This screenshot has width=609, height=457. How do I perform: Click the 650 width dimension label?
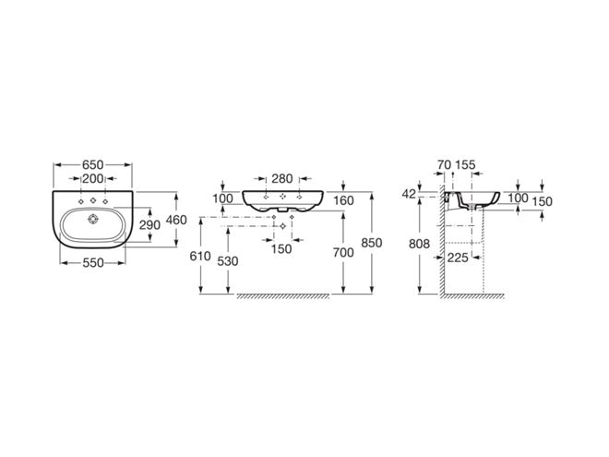point(93,164)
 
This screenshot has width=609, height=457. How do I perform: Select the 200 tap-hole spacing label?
point(93,179)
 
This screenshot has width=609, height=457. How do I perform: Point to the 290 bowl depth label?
point(149,224)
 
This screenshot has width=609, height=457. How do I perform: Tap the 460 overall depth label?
point(176,220)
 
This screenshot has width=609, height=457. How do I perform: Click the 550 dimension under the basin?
point(93,263)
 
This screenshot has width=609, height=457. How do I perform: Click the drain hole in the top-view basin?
point(93,220)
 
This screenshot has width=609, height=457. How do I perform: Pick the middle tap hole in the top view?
point(93,200)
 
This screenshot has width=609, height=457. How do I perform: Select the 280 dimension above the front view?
point(282,179)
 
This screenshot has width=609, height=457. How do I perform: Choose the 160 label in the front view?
point(344,200)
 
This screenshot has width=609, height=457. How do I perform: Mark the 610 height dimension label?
point(200,256)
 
